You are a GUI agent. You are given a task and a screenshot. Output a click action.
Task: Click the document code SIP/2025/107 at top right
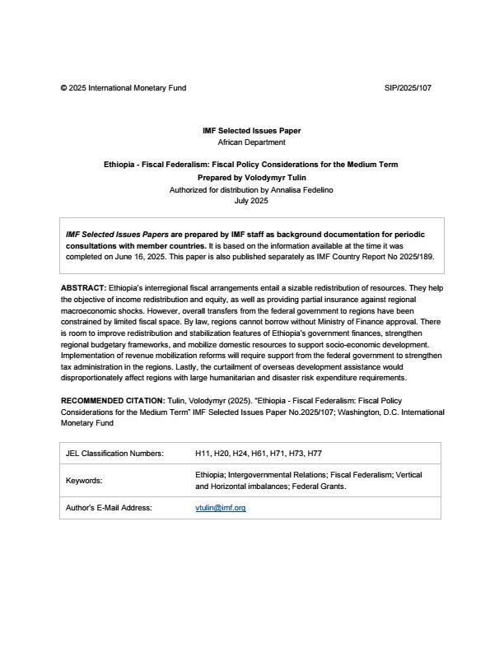[407, 87]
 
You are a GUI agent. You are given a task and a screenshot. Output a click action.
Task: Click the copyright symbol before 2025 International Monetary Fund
[63, 87]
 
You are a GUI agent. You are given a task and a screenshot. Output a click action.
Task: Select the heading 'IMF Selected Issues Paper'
[251, 131]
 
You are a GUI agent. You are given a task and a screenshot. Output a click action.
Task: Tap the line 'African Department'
[251, 142]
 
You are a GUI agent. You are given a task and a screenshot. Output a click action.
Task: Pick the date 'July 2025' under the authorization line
[251, 201]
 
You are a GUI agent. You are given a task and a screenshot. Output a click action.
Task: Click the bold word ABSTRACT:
[83, 287]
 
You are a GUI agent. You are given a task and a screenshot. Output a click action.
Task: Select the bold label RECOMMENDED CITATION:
[112, 400]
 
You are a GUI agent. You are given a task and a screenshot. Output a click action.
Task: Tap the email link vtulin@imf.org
[221, 508]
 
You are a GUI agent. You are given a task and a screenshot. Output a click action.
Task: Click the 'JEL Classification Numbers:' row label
[114, 454]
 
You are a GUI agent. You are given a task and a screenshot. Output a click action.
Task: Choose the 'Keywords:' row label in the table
[84, 481]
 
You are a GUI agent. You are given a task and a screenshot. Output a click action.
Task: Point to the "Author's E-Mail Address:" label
[109, 508]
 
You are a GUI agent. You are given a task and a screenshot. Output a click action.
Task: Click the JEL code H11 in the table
[203, 454]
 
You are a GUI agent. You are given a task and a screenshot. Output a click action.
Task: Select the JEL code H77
[314, 454]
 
